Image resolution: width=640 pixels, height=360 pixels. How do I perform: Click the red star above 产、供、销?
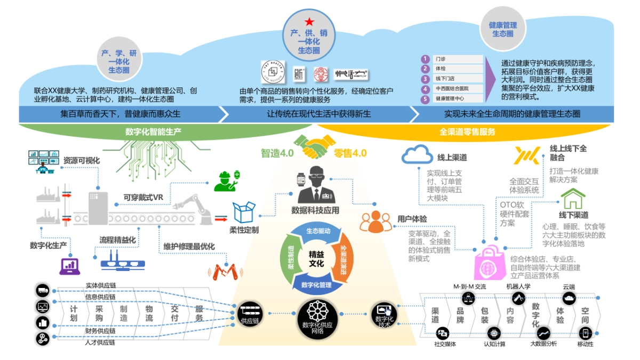coord(309,22)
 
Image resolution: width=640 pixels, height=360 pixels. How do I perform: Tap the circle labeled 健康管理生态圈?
coord(502,29)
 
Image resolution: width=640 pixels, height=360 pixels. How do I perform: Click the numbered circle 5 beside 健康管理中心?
coord(425,99)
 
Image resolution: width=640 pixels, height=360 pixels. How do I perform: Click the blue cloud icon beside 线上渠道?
coord(418,156)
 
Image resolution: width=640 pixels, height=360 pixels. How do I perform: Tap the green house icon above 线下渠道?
coord(573,199)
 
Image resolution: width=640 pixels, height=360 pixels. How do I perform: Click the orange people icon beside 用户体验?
coord(376,221)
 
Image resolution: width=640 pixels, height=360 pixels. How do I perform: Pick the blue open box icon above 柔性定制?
coord(244,212)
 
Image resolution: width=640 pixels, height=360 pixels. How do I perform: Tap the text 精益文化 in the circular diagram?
coord(316,260)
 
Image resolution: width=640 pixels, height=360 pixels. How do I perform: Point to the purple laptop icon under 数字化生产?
coord(69,265)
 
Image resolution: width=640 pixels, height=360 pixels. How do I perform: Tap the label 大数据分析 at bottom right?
coord(543,344)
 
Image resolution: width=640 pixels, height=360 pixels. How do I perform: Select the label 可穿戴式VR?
coord(142,197)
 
